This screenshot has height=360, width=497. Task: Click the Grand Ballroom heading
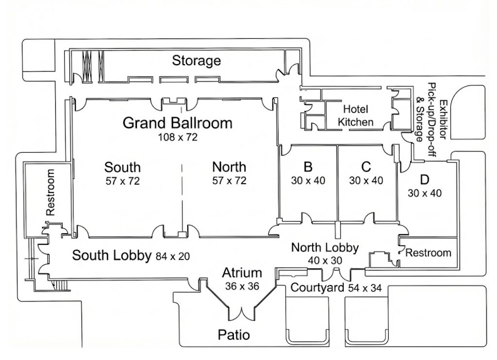[x=177, y=123]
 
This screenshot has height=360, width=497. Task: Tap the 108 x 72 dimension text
[x=178, y=137]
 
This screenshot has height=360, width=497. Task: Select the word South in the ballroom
[x=122, y=167]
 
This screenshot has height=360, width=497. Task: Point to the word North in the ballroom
[x=229, y=167]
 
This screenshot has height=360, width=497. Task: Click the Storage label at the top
[x=196, y=61]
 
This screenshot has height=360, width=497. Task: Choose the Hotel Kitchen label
[x=355, y=115]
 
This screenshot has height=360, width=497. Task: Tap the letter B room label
[x=308, y=167]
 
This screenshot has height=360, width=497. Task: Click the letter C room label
[x=366, y=167]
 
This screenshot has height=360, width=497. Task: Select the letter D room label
[x=424, y=180]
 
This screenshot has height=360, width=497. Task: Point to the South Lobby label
[x=111, y=256]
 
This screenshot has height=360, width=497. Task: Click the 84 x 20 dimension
[x=172, y=257]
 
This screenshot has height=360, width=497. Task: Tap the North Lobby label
[x=325, y=247]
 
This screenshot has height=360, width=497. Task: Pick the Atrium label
[x=242, y=273]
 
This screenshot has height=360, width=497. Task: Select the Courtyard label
[x=317, y=287]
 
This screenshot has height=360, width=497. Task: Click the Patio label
[x=234, y=335]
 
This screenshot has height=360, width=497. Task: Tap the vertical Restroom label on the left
[x=50, y=192]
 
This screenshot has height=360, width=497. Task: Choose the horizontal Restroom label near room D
[x=428, y=253]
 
